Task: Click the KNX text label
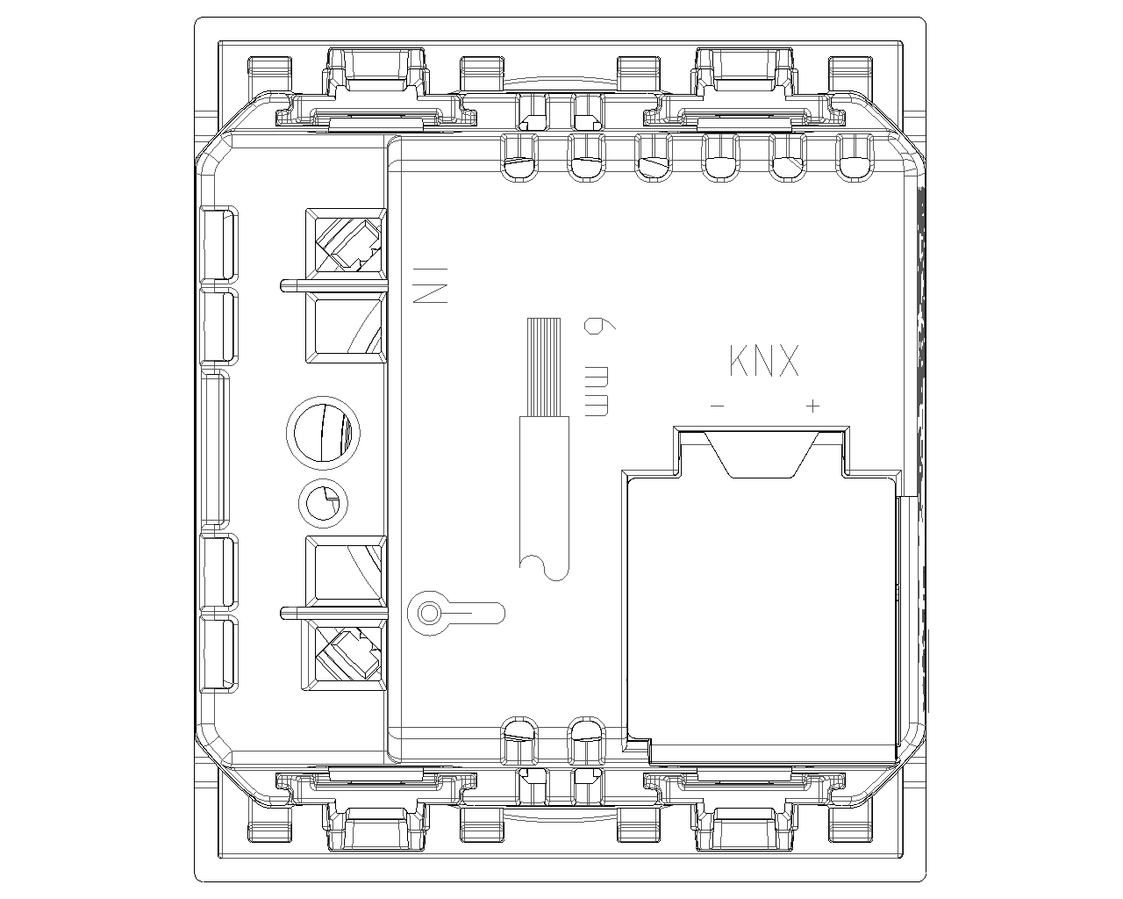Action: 763,361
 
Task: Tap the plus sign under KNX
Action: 813,406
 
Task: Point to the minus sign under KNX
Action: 718,406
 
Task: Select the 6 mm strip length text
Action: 597,367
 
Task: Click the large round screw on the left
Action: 323,433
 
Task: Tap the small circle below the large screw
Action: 323,504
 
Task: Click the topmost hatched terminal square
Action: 347,244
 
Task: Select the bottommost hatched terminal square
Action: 345,655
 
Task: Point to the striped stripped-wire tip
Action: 544,367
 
